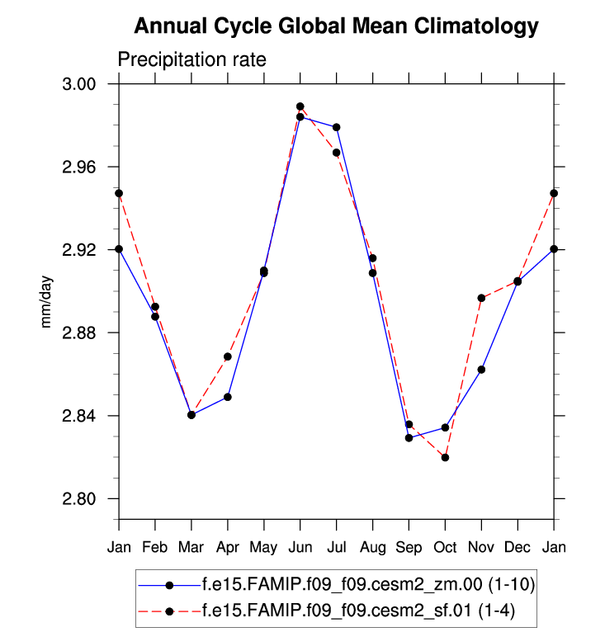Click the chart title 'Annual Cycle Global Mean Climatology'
click(x=336, y=26)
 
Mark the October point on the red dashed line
click(x=445, y=457)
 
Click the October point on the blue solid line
click(x=445, y=427)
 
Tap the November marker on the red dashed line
click(x=481, y=298)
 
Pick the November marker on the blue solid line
click(x=481, y=370)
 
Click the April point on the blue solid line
click(x=228, y=397)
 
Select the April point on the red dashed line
click(x=228, y=356)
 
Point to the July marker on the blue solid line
click(x=337, y=127)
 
